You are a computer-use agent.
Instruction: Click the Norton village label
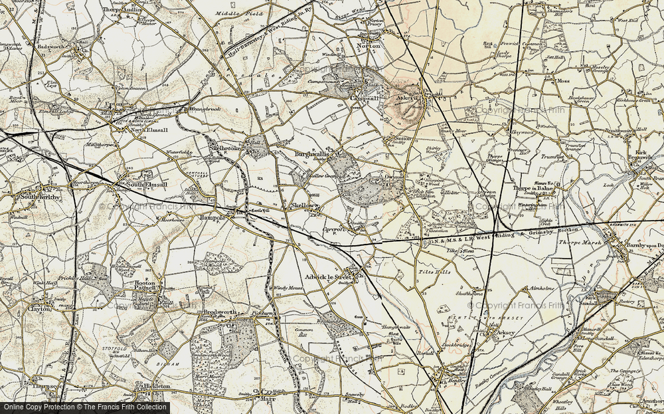[x=369, y=47]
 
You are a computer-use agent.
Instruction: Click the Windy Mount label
[x=288, y=288]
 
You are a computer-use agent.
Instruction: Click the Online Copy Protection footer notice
[x=84, y=407]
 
